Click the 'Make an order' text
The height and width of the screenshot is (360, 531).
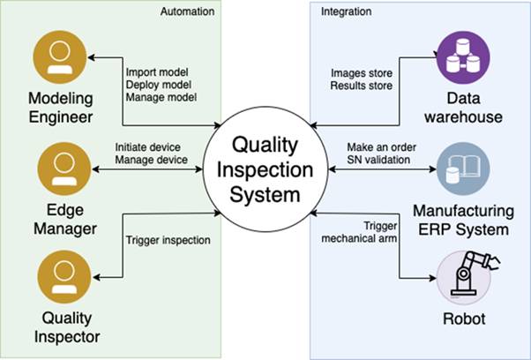tap(369, 146)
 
